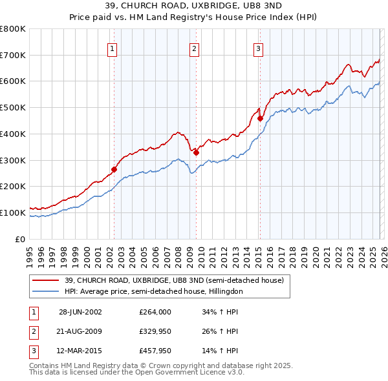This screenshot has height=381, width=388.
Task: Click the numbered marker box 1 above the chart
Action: tap(113, 48)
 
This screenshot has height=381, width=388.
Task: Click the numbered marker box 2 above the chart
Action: tap(194, 48)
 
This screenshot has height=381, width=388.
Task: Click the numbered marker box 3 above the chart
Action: tap(258, 48)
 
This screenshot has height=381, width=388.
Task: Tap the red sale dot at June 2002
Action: tap(114, 169)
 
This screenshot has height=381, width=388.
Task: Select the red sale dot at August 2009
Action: tap(196, 152)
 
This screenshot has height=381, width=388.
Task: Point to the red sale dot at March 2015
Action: tap(259, 118)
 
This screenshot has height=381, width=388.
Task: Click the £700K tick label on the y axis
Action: tap(13, 56)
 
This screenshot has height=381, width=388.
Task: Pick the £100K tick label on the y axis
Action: tap(13, 212)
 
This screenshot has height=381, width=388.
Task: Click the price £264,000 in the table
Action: tap(155, 312)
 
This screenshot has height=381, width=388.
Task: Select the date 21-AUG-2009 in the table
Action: tap(80, 332)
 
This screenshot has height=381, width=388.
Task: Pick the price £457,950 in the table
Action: tap(155, 352)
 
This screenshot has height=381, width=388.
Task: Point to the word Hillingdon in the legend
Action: tap(224, 291)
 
